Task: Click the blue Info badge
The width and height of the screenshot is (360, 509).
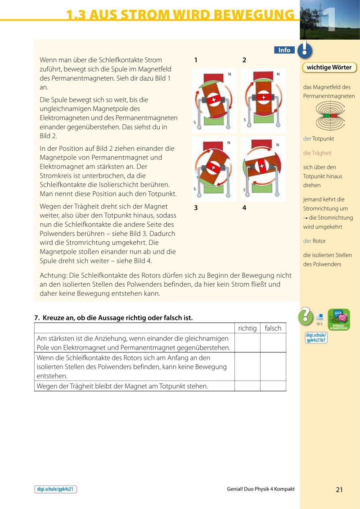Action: coord(284,50)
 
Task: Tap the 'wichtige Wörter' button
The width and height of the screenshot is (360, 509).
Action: coord(329,68)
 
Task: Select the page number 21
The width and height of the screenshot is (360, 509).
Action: coord(339,490)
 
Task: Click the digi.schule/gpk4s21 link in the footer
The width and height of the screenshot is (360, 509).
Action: coord(55,489)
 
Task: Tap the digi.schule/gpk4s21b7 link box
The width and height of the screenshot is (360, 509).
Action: coord(316,338)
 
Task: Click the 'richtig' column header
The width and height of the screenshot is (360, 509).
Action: coord(247,328)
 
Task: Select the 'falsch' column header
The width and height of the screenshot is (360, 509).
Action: coord(273,328)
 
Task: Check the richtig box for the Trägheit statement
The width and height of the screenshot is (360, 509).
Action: coord(247,386)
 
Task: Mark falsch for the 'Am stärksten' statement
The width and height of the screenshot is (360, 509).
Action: coord(273,342)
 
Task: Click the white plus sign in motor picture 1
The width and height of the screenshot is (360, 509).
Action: coord(213,99)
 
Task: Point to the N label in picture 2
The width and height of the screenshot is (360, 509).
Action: coord(278,74)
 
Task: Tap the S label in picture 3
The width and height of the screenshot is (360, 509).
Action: coord(195,189)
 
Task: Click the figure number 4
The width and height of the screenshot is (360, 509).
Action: coord(244,208)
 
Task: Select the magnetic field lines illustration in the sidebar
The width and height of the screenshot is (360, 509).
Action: coord(330,115)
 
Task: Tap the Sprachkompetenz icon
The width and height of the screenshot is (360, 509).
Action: coord(339,320)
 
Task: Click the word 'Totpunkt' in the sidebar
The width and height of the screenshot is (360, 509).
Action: coord(323,139)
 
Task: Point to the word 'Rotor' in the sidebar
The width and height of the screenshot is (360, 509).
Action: coord(319,241)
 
